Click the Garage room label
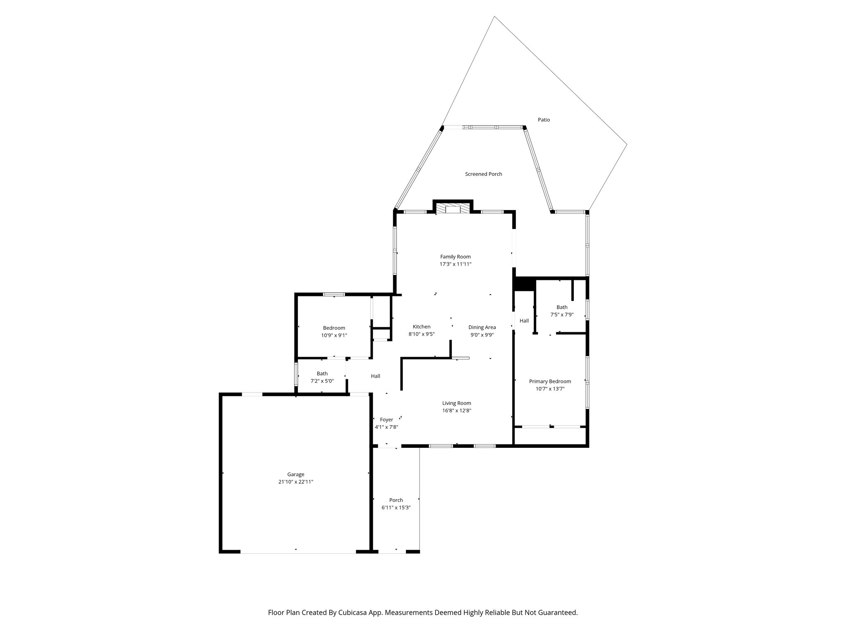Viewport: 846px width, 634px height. [296, 474]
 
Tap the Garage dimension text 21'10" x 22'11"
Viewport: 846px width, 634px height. [296, 482]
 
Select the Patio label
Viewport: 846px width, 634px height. [544, 120]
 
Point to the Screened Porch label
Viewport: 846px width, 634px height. [483, 174]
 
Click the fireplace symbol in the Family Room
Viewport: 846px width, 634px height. [452, 208]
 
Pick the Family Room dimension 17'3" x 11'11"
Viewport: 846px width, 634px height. [455, 264]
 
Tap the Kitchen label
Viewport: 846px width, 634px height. [421, 327]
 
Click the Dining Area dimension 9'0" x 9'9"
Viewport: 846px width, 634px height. [482, 335]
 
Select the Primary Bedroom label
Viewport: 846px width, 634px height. [550, 381]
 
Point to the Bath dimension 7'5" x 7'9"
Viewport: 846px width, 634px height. [562, 315]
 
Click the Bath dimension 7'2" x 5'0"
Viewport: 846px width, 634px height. [322, 381]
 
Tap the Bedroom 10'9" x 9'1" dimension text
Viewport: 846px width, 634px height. [334, 336]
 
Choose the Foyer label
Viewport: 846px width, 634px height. [386, 420]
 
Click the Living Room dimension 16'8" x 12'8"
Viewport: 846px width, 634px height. [456, 411]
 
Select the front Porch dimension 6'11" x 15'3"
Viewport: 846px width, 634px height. [396, 508]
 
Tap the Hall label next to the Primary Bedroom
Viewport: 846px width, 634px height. [524, 321]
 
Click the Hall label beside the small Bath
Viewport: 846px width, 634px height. [375, 376]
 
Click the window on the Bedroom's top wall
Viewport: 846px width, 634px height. [334, 294]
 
